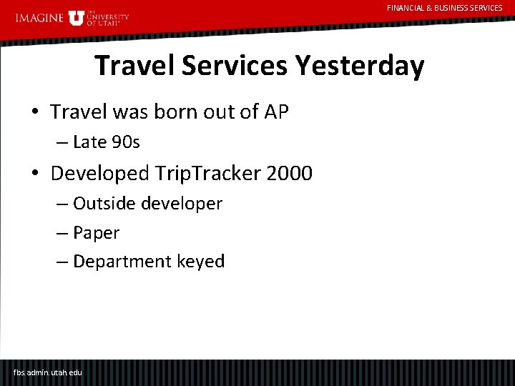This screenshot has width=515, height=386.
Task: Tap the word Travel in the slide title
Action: [x=134, y=66]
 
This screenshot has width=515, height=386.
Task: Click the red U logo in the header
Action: [x=77, y=17]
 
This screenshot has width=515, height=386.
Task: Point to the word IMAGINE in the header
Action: [x=39, y=18]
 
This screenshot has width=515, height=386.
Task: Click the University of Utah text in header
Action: [x=107, y=18]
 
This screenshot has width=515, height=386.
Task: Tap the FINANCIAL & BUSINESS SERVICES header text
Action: [x=444, y=8]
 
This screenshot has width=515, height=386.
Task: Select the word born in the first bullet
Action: [x=180, y=112]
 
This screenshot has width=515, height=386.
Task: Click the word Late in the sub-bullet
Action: [x=89, y=142]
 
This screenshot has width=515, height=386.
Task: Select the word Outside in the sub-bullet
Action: [x=103, y=204]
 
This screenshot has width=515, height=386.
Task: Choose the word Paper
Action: [x=96, y=233]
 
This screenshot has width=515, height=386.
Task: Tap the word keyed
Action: [x=201, y=262]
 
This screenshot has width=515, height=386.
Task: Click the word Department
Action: [x=122, y=262]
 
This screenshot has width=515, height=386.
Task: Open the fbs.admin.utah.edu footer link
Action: [x=48, y=372]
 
